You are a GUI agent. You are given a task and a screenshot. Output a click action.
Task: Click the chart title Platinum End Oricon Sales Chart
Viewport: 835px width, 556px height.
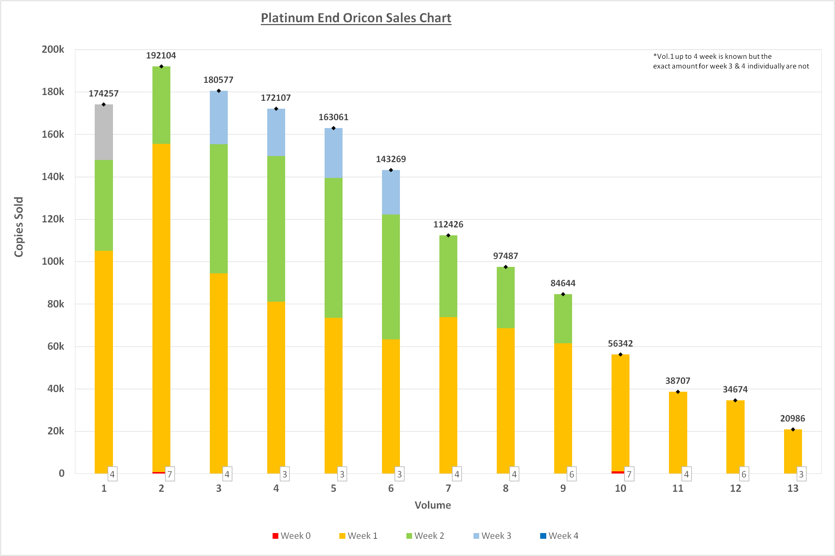pos(356,18)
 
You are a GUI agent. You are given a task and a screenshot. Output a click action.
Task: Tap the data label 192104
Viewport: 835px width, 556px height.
pos(161,56)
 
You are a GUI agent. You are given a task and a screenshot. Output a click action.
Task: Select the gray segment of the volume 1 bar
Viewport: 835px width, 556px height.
pos(104,132)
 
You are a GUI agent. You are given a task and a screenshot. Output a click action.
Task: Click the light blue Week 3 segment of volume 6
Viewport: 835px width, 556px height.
pos(391,192)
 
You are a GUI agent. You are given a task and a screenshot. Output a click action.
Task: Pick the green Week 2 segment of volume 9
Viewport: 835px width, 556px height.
pos(563,319)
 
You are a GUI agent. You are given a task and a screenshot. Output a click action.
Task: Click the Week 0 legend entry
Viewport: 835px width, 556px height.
pos(292,536)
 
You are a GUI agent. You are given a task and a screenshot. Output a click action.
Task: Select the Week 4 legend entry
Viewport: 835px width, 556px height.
pos(559,536)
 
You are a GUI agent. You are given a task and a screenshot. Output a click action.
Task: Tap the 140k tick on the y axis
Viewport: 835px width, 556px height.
pos(53,176)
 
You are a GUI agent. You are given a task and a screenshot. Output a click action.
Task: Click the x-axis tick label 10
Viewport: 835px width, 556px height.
pos(621,489)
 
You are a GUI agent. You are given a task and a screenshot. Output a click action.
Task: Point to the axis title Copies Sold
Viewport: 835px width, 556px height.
pos(19,227)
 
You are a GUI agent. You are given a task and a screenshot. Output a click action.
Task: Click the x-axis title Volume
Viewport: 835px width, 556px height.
pos(433,505)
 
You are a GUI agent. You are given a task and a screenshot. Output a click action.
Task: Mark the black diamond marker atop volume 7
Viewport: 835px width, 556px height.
pos(448,235)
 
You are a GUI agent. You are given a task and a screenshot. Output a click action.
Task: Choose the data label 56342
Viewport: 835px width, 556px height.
pos(621,344)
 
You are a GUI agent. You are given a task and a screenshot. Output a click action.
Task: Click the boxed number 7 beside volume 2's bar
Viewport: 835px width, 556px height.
pos(170,474)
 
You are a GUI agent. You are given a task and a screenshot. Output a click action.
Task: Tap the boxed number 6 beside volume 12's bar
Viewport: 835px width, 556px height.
pos(744,474)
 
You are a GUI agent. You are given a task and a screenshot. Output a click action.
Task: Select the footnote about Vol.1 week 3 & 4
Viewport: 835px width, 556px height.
pos(731,61)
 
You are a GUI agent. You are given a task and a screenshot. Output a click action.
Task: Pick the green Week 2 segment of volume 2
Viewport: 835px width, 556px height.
pos(161,105)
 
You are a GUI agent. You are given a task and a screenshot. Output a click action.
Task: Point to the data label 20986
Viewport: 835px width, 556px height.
pos(793,419)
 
